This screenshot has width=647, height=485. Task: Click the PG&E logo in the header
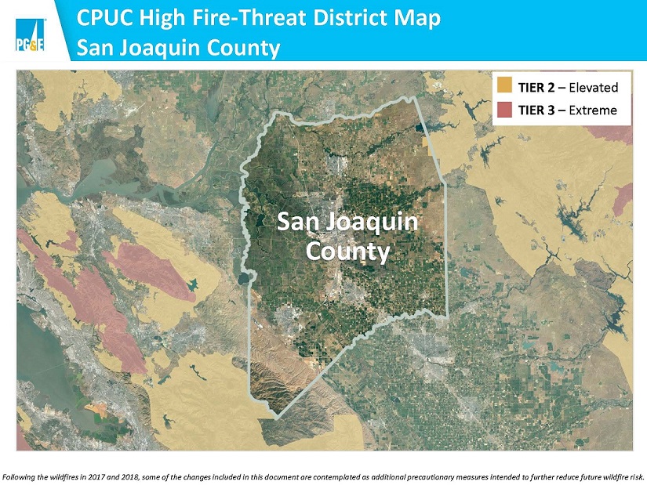(x=30, y=36)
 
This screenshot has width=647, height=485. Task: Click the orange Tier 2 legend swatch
(x=504, y=86)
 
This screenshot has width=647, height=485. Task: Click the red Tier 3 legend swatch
(x=504, y=109)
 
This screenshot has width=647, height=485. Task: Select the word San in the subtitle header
(x=105, y=49)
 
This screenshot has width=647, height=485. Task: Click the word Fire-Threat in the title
(x=247, y=17)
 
